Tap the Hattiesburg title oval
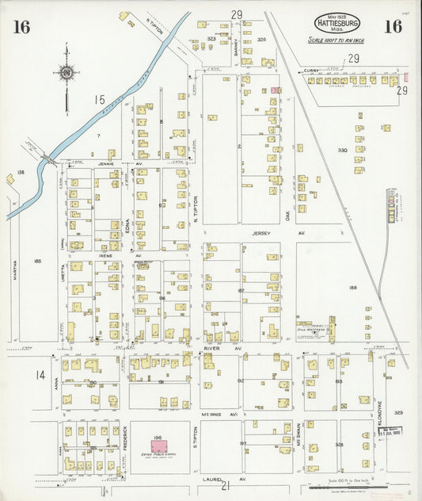[338, 23]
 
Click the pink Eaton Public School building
[159, 447]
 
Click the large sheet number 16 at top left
[21, 27]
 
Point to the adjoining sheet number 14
[39, 375]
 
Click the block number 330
[342, 150]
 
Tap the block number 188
[353, 288]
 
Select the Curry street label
[311, 71]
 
